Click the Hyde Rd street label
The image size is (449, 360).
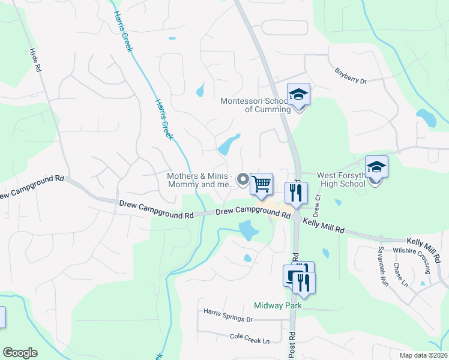35,60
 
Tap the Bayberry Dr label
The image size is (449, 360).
350,76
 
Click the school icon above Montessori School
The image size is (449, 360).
298,94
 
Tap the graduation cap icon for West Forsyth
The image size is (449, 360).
376,167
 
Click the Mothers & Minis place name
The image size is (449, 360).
200,180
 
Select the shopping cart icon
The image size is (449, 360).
262,184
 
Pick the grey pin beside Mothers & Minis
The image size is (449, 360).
243,179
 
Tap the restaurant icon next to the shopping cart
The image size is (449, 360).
295,193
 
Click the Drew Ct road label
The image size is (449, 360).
318,206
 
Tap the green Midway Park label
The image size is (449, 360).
277,305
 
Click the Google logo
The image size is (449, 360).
20,353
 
